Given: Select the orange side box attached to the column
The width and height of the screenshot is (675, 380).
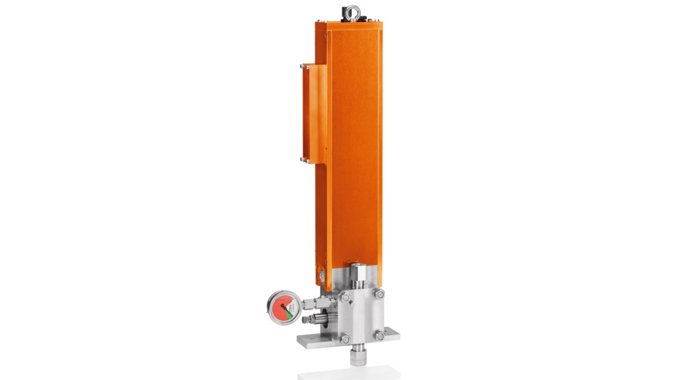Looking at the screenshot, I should pos(313,114).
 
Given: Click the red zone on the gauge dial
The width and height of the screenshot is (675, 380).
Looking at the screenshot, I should pos(279,310).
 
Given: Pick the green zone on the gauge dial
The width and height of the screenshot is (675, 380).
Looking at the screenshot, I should pos(290,313).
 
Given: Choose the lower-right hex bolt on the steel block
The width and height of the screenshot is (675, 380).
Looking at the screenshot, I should pos(380,336).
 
